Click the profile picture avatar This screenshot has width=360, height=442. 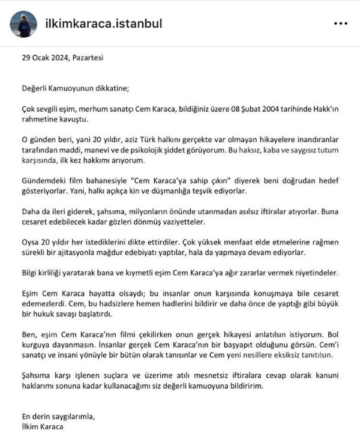pyautogui.click(x=23, y=24)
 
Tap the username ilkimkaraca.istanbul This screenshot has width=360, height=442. pyautogui.click(x=104, y=24)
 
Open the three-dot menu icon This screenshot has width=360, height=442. pyautogui.click(x=340, y=24)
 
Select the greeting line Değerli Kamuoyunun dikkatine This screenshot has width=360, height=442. pyautogui.click(x=74, y=87)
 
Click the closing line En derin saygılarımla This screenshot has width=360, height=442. pyautogui.click(x=58, y=416)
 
